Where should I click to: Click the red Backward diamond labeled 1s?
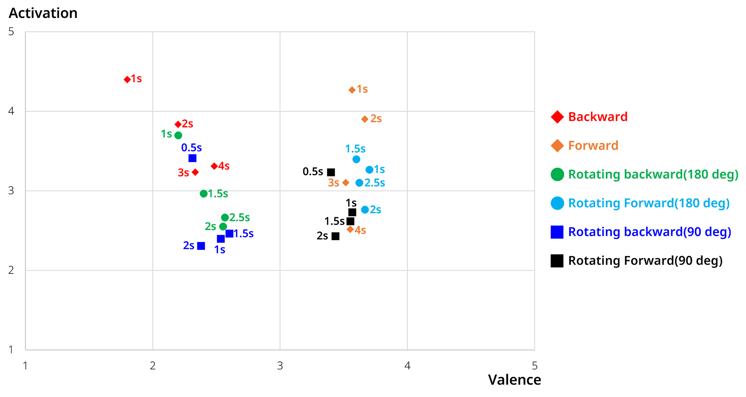(x=127, y=79)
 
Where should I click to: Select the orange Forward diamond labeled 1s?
(x=352, y=90)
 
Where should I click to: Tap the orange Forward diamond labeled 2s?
(x=364, y=119)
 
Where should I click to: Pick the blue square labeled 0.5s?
(x=192, y=158)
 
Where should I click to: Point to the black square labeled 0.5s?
(x=331, y=172)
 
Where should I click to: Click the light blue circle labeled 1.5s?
(x=356, y=159)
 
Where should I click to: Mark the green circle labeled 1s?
(x=178, y=135)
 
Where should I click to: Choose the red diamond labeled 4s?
(x=214, y=166)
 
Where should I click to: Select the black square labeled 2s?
(x=335, y=236)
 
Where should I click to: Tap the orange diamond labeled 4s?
(x=350, y=230)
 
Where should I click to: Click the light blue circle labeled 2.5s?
(x=359, y=183)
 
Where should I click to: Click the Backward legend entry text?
(x=598, y=117)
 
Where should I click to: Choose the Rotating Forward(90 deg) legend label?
(x=645, y=260)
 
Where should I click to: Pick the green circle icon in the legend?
(x=557, y=174)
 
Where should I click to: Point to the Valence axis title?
(x=514, y=380)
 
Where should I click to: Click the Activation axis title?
(x=43, y=13)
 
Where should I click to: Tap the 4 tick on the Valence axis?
(x=407, y=366)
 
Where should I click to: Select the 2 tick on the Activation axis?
(x=11, y=270)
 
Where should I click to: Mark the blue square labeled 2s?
(x=201, y=246)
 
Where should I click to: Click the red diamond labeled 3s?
(x=195, y=172)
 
